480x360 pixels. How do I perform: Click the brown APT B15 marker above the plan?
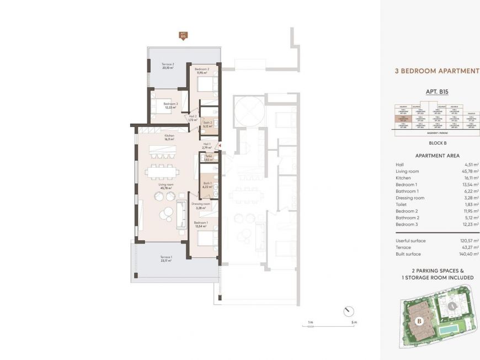coord(183,35)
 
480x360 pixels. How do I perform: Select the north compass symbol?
coord(348,311)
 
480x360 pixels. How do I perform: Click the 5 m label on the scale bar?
coord(354,322)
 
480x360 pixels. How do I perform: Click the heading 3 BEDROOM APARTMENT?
coord(437,71)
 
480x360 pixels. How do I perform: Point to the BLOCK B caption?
coord(437,142)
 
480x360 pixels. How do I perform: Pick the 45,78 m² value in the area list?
coord(468,171)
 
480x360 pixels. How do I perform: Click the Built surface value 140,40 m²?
coord(468,253)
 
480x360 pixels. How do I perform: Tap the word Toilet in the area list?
coord(401,205)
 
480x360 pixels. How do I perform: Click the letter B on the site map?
coord(418,320)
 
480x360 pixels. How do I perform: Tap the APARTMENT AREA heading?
coord(437,156)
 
